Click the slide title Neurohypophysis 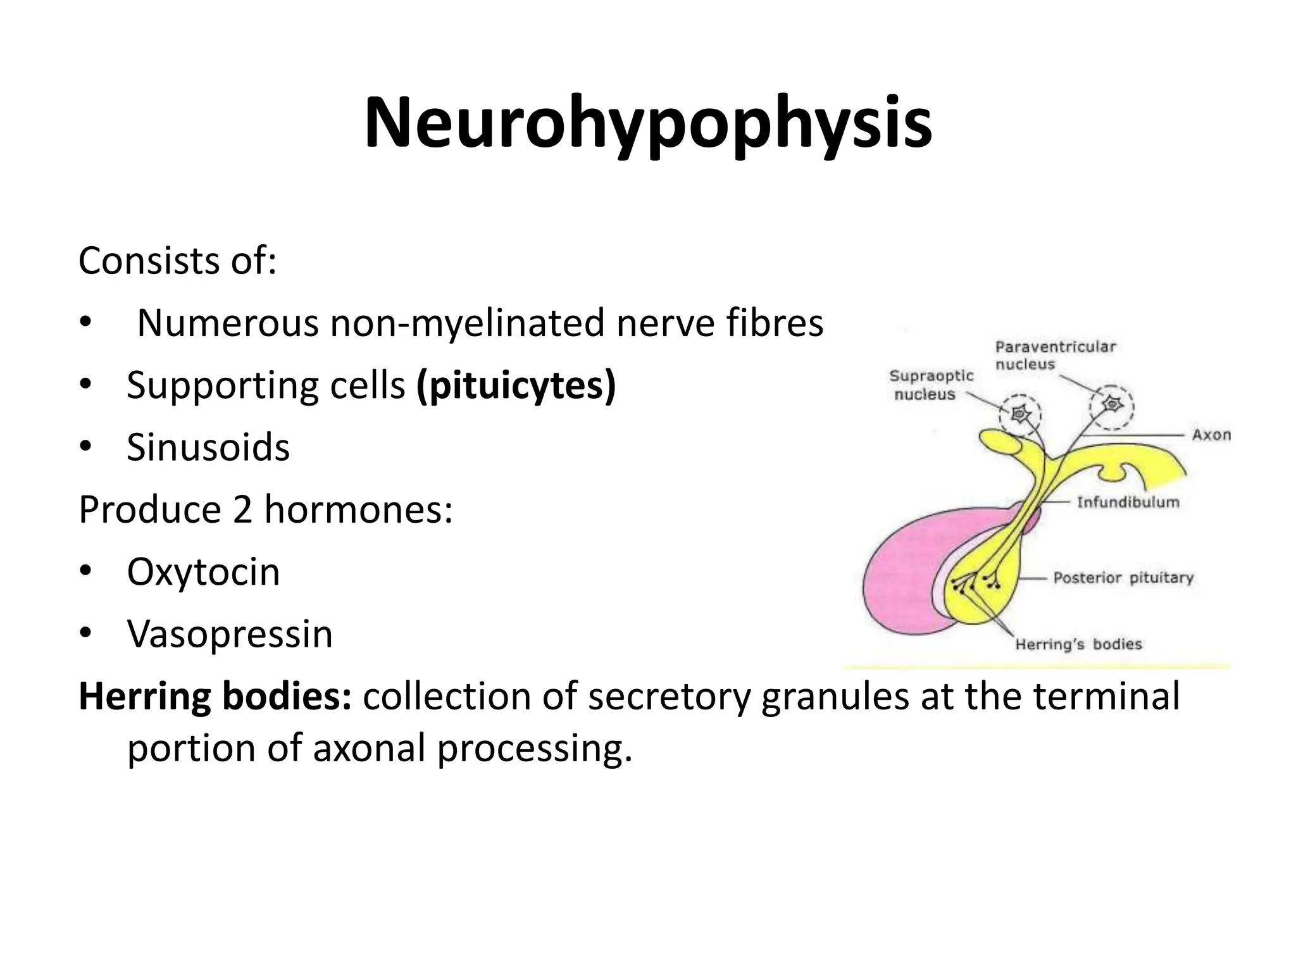point(647,123)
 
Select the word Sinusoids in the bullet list point(208,447)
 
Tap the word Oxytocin point(203,571)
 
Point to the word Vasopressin point(230,633)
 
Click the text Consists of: point(177,261)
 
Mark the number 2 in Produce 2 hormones point(242,509)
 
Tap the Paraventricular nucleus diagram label point(1055,355)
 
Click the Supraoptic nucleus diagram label point(931,385)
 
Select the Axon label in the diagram point(1211,435)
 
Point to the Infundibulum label point(1128,502)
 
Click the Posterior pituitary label point(1123,578)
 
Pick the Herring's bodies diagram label point(1078,644)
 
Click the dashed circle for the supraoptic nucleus point(1020,415)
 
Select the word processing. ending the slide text point(535,749)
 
